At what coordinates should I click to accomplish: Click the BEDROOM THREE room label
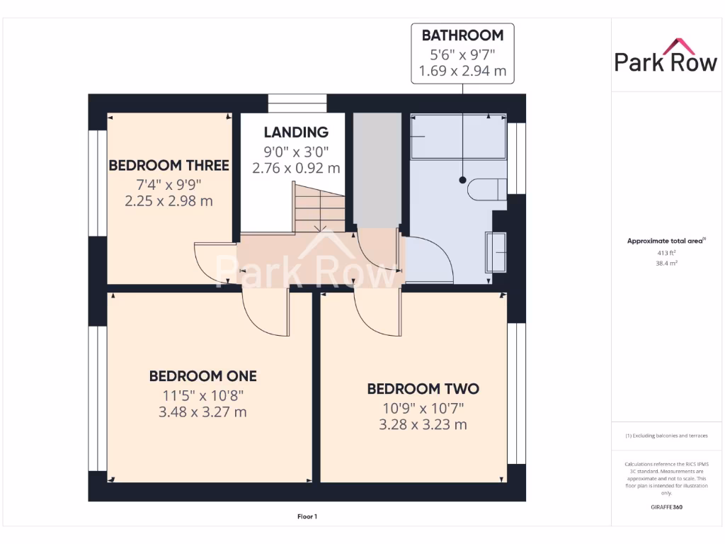click(169, 166)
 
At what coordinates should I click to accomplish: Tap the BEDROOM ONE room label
click(202, 375)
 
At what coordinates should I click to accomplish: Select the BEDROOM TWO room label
click(423, 389)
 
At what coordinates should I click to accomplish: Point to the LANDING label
click(296, 132)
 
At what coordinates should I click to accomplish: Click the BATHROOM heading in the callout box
click(462, 35)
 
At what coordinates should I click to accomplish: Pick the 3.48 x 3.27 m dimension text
click(202, 412)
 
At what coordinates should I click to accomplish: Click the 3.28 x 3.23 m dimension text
click(423, 425)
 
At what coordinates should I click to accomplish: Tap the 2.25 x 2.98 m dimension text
click(169, 201)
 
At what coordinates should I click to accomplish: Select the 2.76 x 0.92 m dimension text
click(296, 169)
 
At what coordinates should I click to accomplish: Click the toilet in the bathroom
click(487, 189)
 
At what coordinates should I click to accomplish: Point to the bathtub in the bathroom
click(459, 137)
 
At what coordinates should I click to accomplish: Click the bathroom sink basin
click(495, 251)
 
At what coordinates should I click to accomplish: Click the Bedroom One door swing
click(263, 308)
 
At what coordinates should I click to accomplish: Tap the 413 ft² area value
click(666, 252)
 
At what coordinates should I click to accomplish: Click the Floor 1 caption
click(307, 517)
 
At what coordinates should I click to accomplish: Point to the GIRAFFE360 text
click(666, 507)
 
